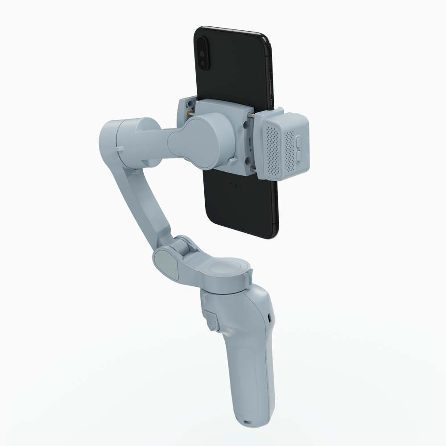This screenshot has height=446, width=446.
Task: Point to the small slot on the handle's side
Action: [x=270, y=315]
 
